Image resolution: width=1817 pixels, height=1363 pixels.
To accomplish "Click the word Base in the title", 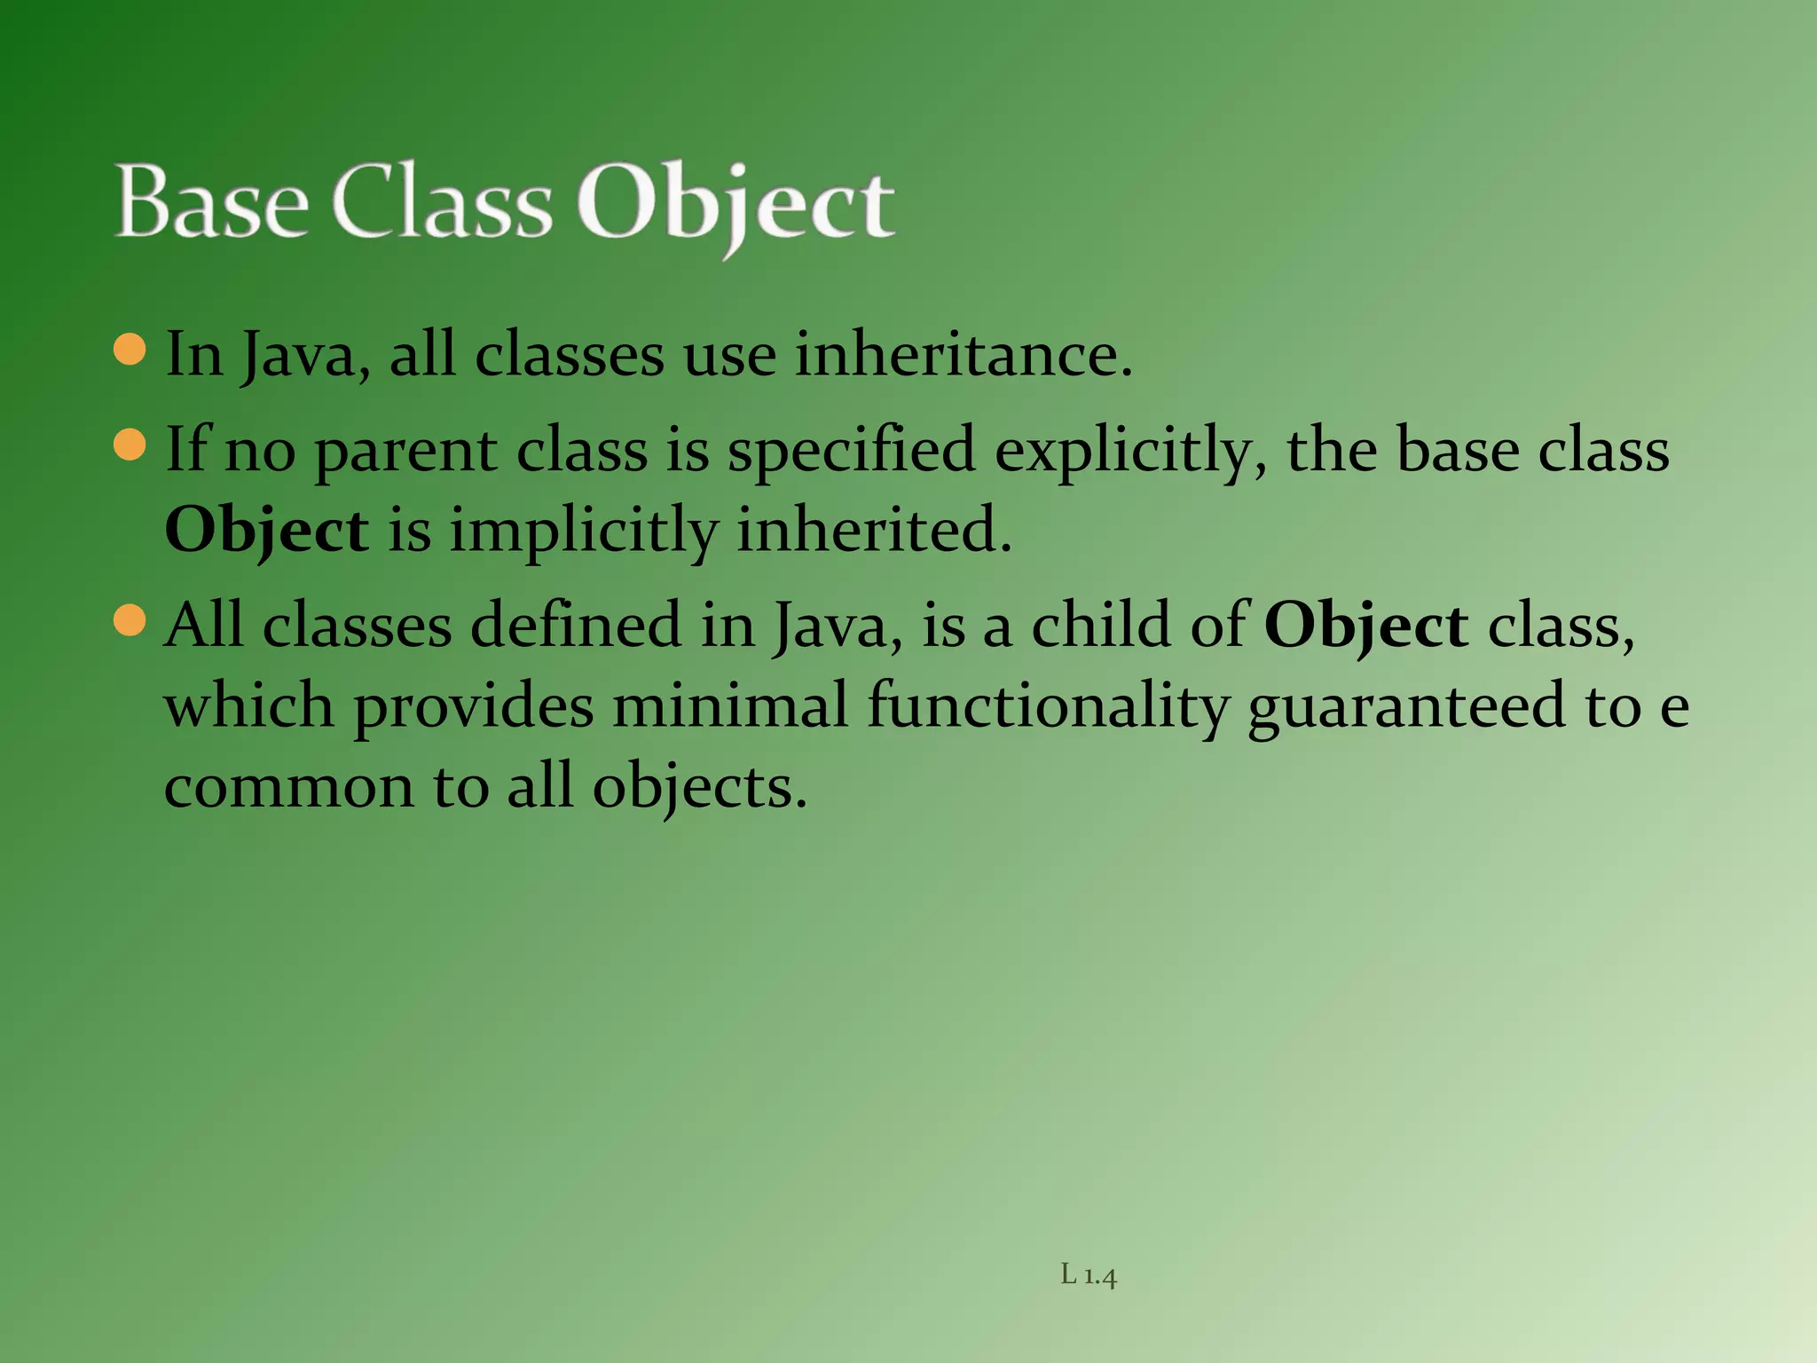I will pyautogui.click(x=212, y=203).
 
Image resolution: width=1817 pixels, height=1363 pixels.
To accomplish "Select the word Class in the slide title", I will pyautogui.click(x=442, y=203).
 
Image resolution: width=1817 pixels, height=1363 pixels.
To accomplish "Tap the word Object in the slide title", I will pyautogui.click(x=735, y=205).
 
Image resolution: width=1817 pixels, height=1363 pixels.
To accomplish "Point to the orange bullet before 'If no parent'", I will pyautogui.click(x=130, y=445).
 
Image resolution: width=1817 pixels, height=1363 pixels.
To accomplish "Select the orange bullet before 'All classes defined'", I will pyautogui.click(x=130, y=620).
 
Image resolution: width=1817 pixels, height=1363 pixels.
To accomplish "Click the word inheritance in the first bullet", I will pyautogui.click(x=963, y=354).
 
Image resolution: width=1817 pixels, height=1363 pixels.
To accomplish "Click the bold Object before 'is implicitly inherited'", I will pyautogui.click(x=266, y=531).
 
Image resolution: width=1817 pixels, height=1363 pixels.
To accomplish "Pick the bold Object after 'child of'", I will pyautogui.click(x=1366, y=626).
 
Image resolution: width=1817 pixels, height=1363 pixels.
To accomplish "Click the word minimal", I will pyautogui.click(x=730, y=705).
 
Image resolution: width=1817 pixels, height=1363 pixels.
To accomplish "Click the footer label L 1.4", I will pyautogui.click(x=1089, y=1276).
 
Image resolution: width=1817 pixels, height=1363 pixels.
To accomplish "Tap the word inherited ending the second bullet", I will pyautogui.click(x=874, y=531).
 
